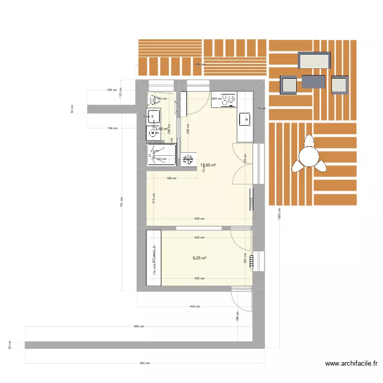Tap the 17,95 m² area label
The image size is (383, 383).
point(208,165)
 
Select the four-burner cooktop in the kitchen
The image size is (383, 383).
point(224,101)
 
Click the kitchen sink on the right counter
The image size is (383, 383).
point(245,121)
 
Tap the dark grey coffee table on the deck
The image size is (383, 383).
point(313,82)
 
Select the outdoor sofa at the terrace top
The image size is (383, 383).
point(315,61)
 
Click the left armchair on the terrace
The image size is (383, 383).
point(288,85)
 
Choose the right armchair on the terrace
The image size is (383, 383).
point(340,85)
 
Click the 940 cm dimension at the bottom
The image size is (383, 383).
point(145,364)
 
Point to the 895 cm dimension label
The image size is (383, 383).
point(139,326)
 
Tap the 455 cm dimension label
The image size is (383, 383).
point(194,307)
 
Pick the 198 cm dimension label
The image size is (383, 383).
point(171,178)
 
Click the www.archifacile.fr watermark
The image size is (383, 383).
point(351,364)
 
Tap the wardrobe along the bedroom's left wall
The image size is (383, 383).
point(154,258)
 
